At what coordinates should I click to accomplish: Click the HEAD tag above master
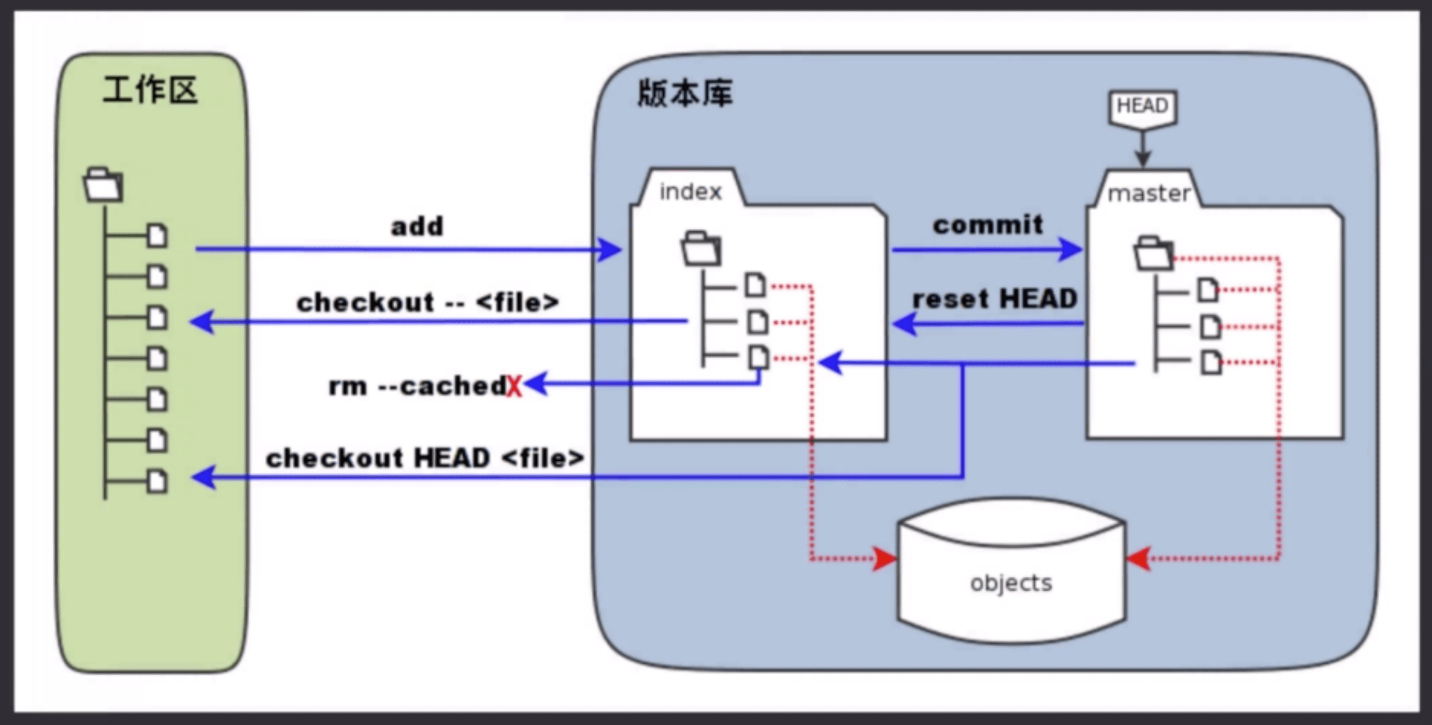[x=1142, y=106]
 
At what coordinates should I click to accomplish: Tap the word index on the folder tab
[x=690, y=192]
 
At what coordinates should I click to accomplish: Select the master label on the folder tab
[x=1149, y=194]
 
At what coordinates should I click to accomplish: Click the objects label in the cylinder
[x=1011, y=583]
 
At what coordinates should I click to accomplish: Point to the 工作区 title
[x=150, y=90]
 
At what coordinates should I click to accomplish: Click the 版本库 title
[x=685, y=94]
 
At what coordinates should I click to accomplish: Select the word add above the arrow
[x=417, y=226]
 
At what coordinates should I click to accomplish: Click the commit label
[x=988, y=224]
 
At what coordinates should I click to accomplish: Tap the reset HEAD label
[x=995, y=299]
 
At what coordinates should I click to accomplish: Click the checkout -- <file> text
[x=428, y=303]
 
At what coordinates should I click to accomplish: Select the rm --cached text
[x=417, y=386]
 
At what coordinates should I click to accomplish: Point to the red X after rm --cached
[x=515, y=386]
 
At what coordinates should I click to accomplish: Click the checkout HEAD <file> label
[x=425, y=458]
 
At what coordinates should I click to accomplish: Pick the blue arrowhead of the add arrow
[x=609, y=250]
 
